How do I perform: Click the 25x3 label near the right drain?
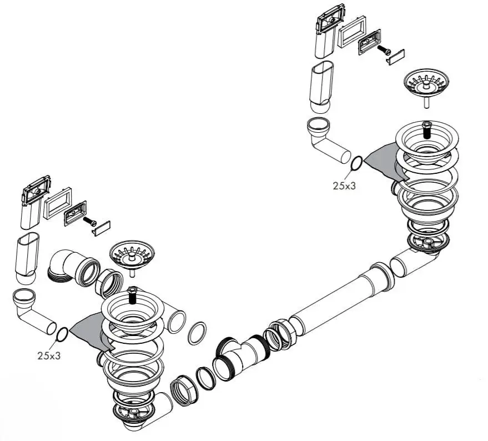pyautogui.click(x=344, y=186)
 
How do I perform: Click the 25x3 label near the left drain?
pyautogui.click(x=49, y=355)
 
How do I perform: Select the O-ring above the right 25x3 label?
pyautogui.click(x=357, y=163)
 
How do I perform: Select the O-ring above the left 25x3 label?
pyautogui.click(x=63, y=334)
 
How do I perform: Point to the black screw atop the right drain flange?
pyautogui.click(x=426, y=130)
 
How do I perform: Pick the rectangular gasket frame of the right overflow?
pyautogui.click(x=351, y=32)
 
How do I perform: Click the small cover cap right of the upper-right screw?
pyautogui.click(x=396, y=57)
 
